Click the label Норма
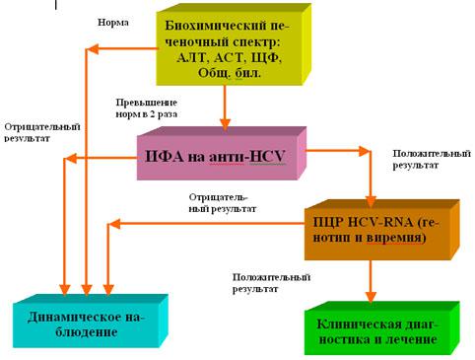(112, 22)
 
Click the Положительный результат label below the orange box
(272, 283)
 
